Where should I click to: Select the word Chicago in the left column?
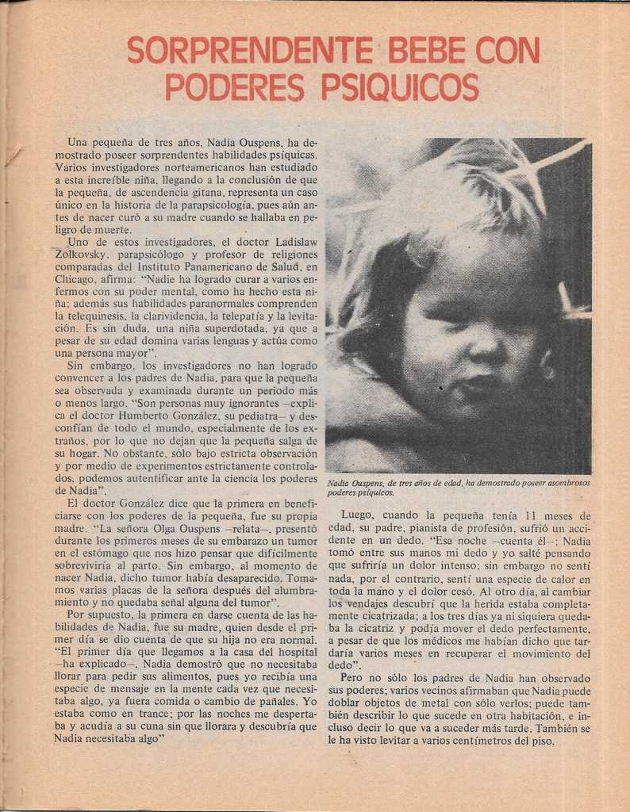coord(75,279)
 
